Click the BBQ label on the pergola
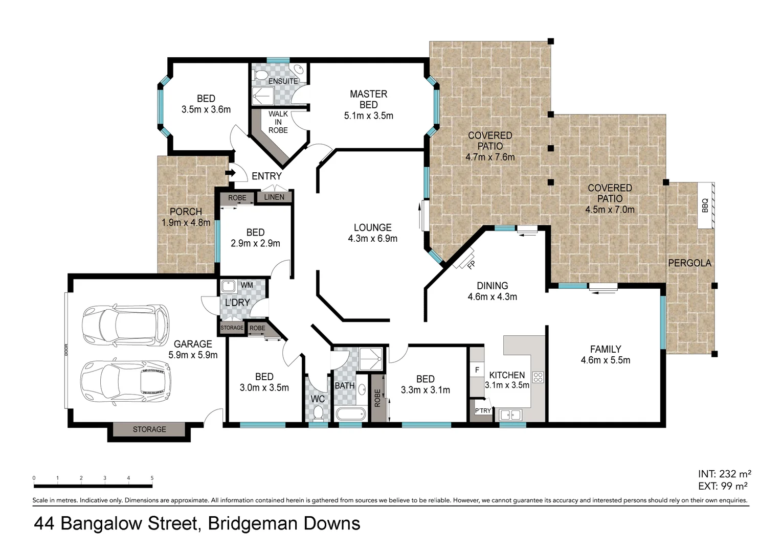[x=705, y=205]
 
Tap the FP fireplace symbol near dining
[x=471, y=264]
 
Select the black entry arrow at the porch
[x=230, y=172]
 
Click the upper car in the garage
[x=125, y=325]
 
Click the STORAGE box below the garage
[x=149, y=429]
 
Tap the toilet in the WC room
[x=319, y=411]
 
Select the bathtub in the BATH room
[x=350, y=413]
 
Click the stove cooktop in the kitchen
[x=538, y=377]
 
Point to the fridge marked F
[x=477, y=370]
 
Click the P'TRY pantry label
[x=482, y=410]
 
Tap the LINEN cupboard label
[x=274, y=197]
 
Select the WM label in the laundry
[x=247, y=285]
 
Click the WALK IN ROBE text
[x=278, y=122]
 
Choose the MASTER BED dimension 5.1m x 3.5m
[x=368, y=116]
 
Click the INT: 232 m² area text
[x=724, y=474]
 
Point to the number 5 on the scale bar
[x=152, y=478]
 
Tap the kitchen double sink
[x=510, y=415]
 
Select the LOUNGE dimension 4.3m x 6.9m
[x=372, y=239]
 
